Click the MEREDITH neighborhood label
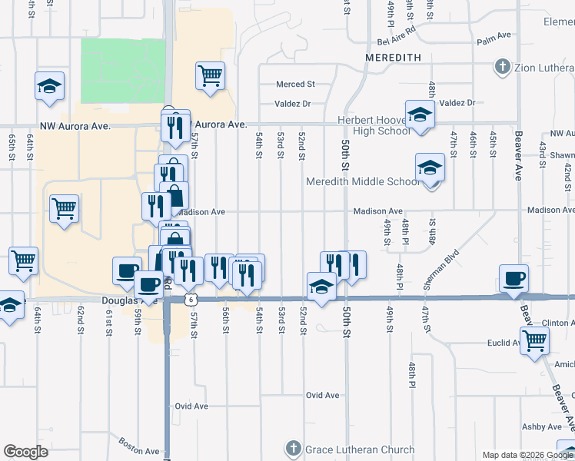(388, 57)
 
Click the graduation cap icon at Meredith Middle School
(430, 166)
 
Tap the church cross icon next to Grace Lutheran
(293, 449)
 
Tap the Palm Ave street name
(494, 36)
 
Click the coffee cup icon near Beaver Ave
(513, 277)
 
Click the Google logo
(25, 452)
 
